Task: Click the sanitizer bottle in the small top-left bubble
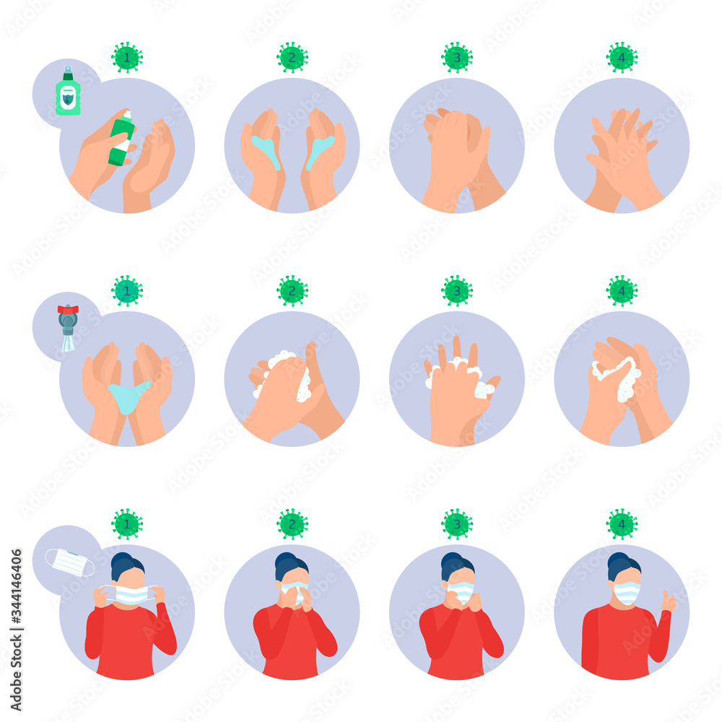click(68, 92)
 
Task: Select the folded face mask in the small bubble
click(69, 562)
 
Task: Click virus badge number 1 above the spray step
click(127, 57)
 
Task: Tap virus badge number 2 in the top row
click(292, 57)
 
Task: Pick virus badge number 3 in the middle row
click(456, 290)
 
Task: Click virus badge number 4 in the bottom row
click(622, 523)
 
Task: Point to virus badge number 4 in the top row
click(622, 57)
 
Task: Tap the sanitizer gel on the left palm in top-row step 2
click(267, 152)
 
